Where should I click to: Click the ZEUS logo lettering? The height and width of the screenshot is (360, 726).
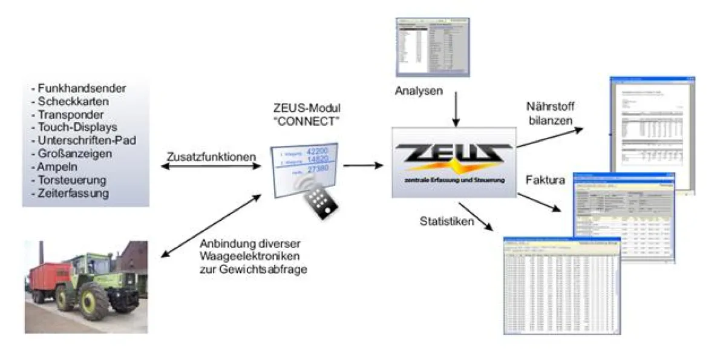pos(453,154)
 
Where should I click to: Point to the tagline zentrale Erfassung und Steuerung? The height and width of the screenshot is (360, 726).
pos(453,180)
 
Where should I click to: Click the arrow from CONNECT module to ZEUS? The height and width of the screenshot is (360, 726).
pos(363,165)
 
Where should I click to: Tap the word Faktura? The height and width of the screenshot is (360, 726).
pos(546,180)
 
